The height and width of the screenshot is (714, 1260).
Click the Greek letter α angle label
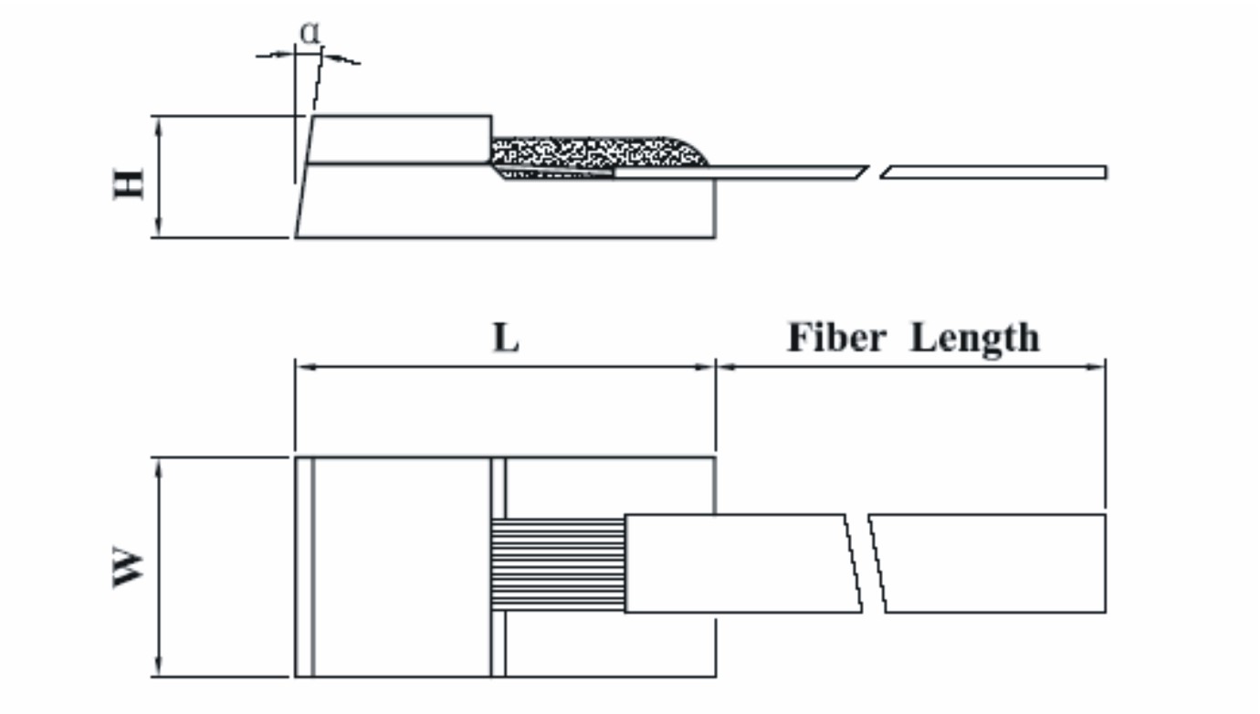coord(310,33)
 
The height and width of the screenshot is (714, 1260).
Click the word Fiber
coord(836,338)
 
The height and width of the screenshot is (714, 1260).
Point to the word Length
coord(975,338)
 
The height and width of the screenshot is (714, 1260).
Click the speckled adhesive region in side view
coord(593,152)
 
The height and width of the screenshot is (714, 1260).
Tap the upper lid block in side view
coord(402,140)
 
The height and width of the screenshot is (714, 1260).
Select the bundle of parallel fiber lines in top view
coord(557,564)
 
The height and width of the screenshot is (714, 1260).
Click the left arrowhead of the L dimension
coord(303,367)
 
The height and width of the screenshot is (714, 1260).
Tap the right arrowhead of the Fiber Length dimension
coord(1098,367)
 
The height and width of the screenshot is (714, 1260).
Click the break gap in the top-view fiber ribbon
coord(865,563)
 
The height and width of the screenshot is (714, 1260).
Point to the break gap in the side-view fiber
coord(874,172)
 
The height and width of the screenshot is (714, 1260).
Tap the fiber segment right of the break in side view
coord(995,172)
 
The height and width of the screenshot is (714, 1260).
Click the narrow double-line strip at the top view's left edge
coord(305,567)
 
